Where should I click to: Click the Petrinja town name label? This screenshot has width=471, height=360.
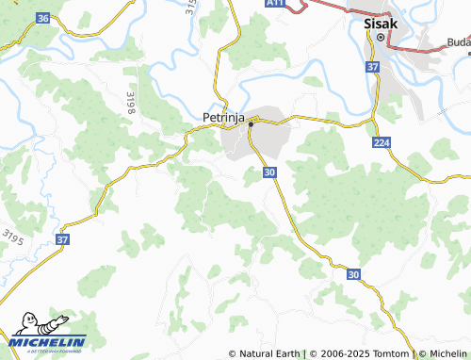(x=224, y=118)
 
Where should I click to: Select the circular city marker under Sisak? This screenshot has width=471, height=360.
(x=381, y=38)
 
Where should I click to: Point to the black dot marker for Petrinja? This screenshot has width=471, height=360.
(x=252, y=123)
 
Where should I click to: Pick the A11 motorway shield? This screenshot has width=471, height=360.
(x=274, y=4)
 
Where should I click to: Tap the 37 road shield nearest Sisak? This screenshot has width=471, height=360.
(x=373, y=67)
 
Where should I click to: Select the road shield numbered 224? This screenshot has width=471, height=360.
(x=381, y=142)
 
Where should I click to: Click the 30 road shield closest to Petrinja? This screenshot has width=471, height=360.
(x=270, y=172)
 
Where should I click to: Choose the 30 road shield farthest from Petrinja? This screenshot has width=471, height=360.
(x=353, y=274)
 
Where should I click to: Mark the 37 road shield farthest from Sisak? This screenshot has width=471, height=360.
(x=62, y=240)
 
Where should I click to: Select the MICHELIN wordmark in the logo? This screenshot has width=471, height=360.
(x=49, y=341)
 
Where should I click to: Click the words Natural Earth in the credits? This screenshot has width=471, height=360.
(x=269, y=353)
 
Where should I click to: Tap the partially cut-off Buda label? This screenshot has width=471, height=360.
(x=459, y=42)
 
